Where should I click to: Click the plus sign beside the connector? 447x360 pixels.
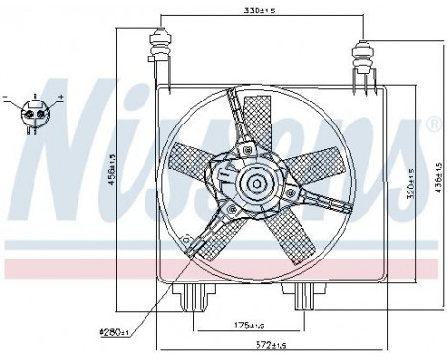click(x=61, y=98)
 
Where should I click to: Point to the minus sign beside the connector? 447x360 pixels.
click(x=9, y=97)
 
